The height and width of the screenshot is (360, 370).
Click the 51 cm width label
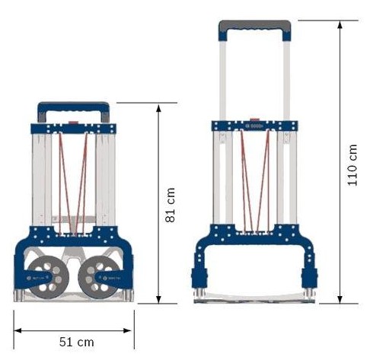pyautogui.click(x=76, y=342)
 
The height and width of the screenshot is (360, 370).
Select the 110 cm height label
pyautogui.click(x=352, y=161)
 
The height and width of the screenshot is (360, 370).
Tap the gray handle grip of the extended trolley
pyautogui.click(x=254, y=28)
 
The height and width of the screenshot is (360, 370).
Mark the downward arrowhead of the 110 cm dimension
pyautogui.click(x=340, y=299)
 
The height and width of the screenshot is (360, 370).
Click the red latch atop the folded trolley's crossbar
pyautogui.click(x=73, y=121)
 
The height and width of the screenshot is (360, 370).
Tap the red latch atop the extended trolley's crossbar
pyautogui.click(x=255, y=119)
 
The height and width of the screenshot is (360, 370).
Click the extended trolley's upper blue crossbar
pyautogui.click(x=254, y=126)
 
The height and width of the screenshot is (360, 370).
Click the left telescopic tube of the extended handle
pyautogui.click(x=222, y=76)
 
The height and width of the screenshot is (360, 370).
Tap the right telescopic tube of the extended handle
pyautogui.click(x=286, y=76)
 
